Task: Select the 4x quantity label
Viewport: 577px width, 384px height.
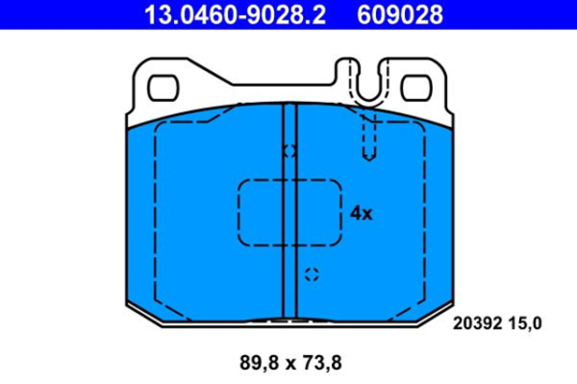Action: (361, 214)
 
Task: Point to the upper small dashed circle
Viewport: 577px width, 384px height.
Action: (290, 151)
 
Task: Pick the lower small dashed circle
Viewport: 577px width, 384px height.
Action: (310, 275)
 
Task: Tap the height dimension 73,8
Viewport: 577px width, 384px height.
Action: (322, 364)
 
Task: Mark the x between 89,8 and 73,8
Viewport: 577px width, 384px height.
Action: (289, 364)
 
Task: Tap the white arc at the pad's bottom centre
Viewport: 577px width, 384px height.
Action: (290, 320)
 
